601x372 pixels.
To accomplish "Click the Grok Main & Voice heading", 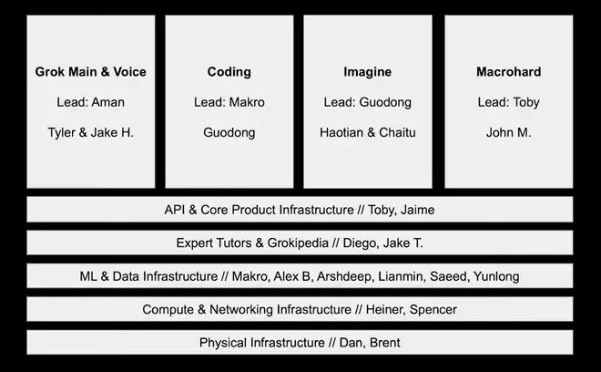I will tap(90, 72).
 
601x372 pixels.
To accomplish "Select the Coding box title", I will tap(229, 72).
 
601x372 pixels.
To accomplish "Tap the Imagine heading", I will tap(367, 72).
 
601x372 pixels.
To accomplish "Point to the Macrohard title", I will tap(508, 72).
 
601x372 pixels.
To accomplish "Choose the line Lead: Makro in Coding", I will tap(229, 102).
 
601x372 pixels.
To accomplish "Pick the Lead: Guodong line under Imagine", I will tap(367, 102).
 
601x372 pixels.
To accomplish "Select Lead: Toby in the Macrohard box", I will tap(508, 102).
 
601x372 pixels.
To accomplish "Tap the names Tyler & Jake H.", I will tap(90, 132).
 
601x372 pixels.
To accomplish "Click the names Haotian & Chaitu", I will tap(367, 132).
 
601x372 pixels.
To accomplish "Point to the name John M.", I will tap(508, 132).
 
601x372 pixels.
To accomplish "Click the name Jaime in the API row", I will tap(416, 210).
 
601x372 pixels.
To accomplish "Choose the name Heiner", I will tap(386, 310).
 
